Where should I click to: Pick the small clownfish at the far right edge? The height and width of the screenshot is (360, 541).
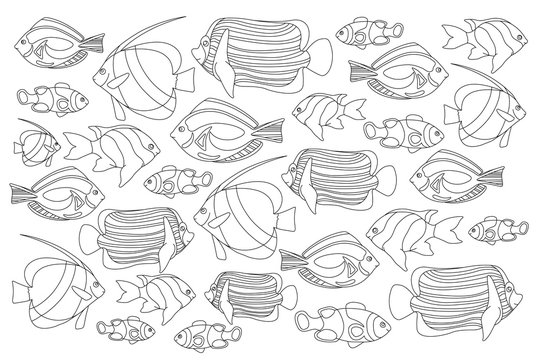click(497, 228)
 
